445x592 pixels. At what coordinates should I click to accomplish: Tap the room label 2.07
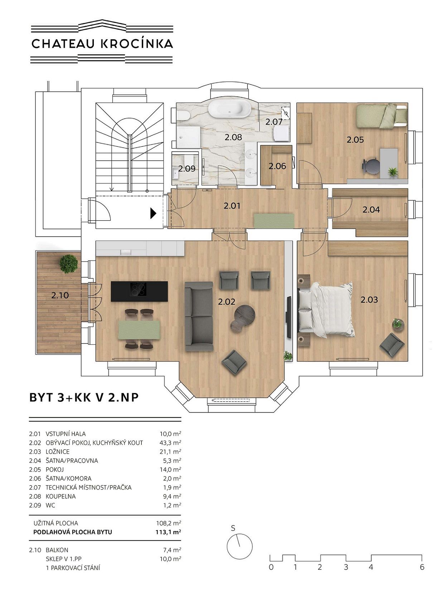pos(274,122)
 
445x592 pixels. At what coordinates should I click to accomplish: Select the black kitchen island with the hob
pos(139,291)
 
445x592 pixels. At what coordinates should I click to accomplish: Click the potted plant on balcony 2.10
pos(68,264)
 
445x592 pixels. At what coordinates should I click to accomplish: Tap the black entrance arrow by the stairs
pos(153,213)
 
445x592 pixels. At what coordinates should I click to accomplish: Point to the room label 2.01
pos(232,206)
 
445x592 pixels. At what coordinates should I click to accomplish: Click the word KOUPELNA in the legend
pos(61,496)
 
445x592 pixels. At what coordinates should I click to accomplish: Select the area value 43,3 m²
pos(170,443)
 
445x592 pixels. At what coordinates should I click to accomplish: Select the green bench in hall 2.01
pos(274,221)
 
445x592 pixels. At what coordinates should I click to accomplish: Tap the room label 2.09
pos(187,169)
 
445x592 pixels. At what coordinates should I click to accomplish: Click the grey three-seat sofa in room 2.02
pos(199,316)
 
